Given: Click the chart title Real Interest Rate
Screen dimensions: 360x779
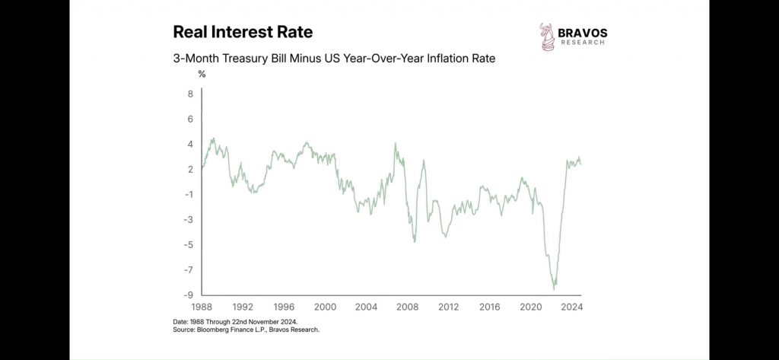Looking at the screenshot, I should [243, 32].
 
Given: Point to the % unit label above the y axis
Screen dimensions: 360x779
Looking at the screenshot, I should [202, 75].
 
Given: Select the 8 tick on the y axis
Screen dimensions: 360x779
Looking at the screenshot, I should [190, 94].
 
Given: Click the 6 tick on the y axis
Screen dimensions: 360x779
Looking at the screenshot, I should [190, 119].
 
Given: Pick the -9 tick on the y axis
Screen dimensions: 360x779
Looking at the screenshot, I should [188, 295].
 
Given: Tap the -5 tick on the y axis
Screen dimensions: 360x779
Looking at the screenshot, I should [188, 244].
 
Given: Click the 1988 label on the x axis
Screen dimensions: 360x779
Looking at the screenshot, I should [201, 307].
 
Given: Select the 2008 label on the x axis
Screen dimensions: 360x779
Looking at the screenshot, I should [407, 307].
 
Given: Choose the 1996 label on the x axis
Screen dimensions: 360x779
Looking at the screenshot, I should [284, 307].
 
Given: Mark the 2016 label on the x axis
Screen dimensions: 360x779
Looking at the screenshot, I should [489, 307].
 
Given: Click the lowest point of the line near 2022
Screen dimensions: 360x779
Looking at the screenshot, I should [554, 289].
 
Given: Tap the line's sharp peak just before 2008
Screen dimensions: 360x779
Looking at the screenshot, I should [395, 143].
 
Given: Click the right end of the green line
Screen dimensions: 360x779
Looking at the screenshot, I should [581, 164].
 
